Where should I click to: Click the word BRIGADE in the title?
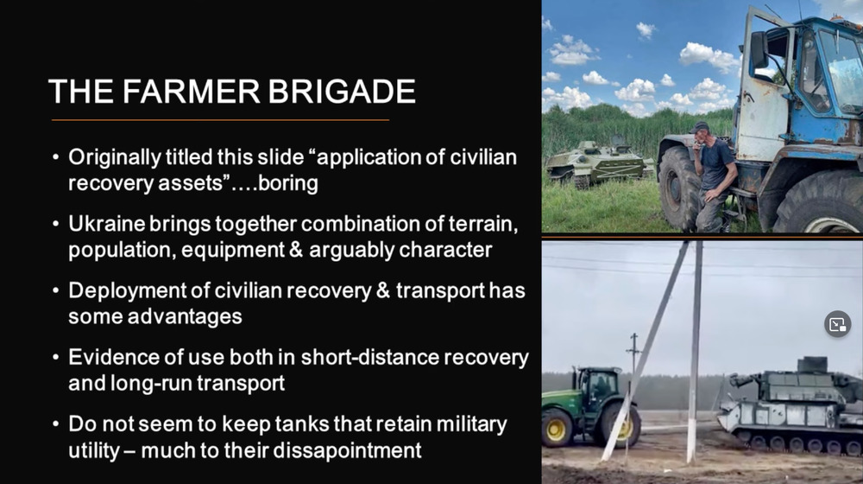click(x=342, y=91)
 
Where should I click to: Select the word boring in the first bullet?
click(x=288, y=183)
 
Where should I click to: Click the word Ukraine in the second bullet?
click(x=104, y=224)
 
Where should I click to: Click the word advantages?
click(x=185, y=317)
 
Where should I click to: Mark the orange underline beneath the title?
click(x=220, y=119)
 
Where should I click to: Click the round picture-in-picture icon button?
click(x=837, y=323)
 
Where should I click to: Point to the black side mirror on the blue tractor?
click(x=759, y=49)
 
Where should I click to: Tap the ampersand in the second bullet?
click(x=295, y=250)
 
